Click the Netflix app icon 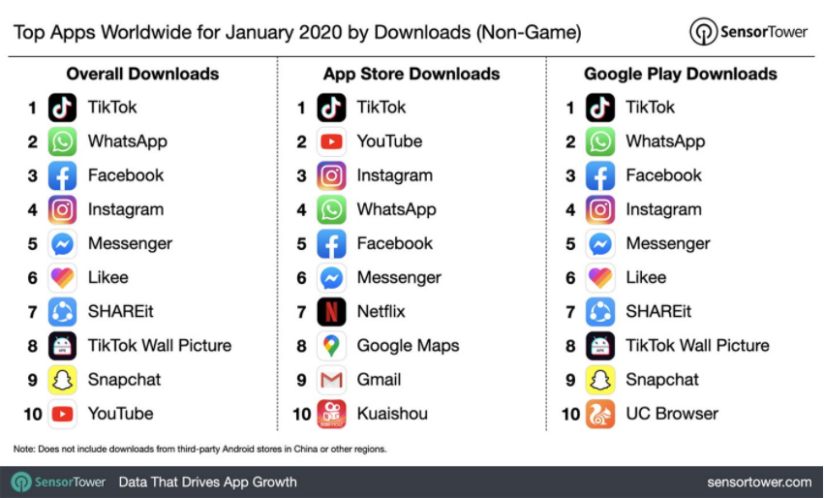(x=331, y=311)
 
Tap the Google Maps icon (x=331, y=345)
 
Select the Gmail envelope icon (x=331, y=380)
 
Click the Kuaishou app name (x=392, y=414)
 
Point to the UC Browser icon (x=600, y=414)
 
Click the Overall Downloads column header (x=142, y=74)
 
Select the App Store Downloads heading (x=412, y=74)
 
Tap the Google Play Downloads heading (x=681, y=74)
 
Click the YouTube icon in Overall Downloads (x=62, y=414)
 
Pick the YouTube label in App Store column (x=389, y=141)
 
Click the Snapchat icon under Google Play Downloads (x=600, y=380)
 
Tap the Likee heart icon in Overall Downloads (x=62, y=277)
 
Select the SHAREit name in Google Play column (x=658, y=311)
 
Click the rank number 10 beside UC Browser (x=570, y=415)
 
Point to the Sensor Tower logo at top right (x=748, y=31)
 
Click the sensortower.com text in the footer (x=760, y=482)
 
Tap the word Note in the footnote (x=22, y=450)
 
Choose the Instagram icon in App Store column (x=331, y=175)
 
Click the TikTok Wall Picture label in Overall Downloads (x=160, y=345)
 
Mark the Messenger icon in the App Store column (x=331, y=277)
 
